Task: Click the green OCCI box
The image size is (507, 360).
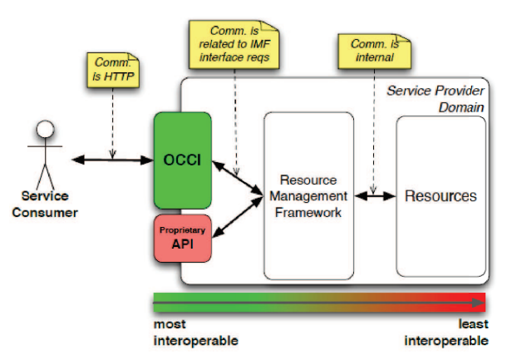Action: [x=183, y=160]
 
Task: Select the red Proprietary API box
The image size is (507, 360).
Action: [x=183, y=238]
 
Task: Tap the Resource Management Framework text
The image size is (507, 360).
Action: [x=308, y=196]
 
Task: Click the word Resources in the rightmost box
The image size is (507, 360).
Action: [x=441, y=196]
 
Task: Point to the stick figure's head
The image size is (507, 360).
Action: [x=45, y=129]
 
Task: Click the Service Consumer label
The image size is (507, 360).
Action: [x=45, y=204]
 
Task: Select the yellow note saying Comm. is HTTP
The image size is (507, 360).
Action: [x=113, y=70]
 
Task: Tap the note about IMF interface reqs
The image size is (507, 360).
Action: [x=234, y=44]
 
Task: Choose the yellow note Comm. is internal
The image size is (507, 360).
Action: [x=374, y=51]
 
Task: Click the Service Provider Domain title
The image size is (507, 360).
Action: [x=436, y=99]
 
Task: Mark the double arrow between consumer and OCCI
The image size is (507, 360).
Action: [x=112, y=160]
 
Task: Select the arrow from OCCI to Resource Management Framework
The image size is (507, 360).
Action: [x=238, y=178]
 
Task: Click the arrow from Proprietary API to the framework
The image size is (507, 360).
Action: [x=238, y=217]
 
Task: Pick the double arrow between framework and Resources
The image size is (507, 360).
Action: [x=375, y=195]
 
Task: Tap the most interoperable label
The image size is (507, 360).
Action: [x=195, y=333]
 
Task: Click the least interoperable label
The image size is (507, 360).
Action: [x=446, y=333]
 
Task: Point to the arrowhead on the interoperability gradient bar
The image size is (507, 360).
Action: [x=479, y=303]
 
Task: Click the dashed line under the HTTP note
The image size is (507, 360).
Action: [x=112, y=123]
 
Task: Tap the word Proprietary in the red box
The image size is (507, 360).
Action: [x=182, y=230]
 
